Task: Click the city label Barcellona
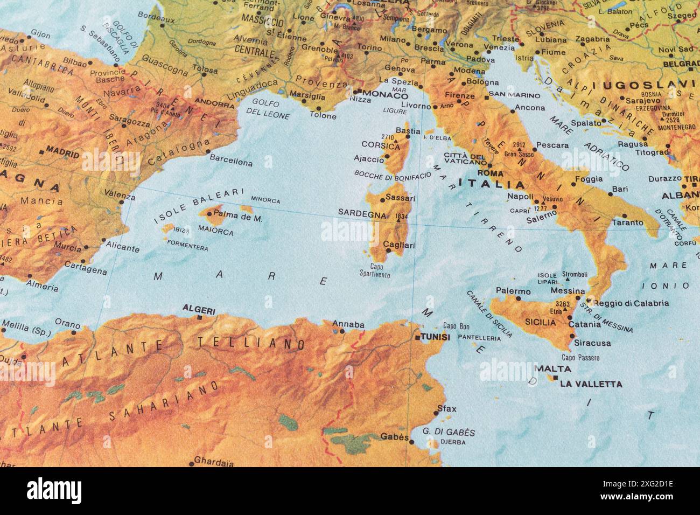pos(230,161)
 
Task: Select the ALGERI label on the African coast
pos(199,310)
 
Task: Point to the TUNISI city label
pos(435,337)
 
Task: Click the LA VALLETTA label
pos(591,384)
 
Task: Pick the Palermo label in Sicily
pos(513,291)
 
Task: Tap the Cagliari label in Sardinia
pos(399,245)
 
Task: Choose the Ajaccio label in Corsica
pos(368,158)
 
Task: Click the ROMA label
pos(490,173)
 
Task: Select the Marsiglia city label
pos(307,96)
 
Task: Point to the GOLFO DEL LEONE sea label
pos(268,109)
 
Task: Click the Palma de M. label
pos(237,218)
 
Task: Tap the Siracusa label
pos(592,343)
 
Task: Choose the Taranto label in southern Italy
pos(627,222)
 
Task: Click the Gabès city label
pos(395,436)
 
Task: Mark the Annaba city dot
pos(343,331)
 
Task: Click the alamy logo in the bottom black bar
pos(54,491)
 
